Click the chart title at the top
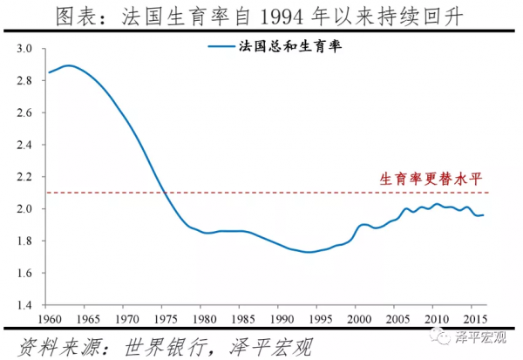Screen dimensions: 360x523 (261, 15)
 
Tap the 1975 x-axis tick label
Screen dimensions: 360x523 (163, 317)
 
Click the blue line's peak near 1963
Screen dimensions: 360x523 (70, 65)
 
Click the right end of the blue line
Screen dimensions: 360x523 (485, 214)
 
